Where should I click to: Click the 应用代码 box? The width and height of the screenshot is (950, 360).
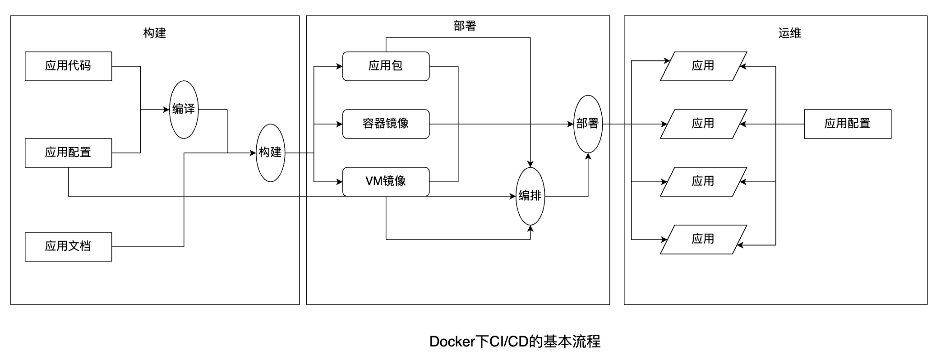pyautogui.click(x=68, y=66)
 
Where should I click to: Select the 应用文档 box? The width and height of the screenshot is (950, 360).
pyautogui.click(x=68, y=246)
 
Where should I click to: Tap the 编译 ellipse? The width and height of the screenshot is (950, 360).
pyautogui.click(x=184, y=109)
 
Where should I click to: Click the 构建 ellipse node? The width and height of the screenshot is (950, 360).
pyautogui.click(x=270, y=152)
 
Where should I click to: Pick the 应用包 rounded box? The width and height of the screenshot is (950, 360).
pyautogui.click(x=386, y=66)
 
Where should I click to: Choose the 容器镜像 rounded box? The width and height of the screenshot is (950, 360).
pyautogui.click(x=386, y=124)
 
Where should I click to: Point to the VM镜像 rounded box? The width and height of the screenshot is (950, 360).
pyautogui.click(x=386, y=181)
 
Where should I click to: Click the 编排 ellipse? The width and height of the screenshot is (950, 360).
pyautogui.click(x=530, y=196)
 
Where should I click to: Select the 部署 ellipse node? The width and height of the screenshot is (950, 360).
pyautogui.click(x=588, y=124)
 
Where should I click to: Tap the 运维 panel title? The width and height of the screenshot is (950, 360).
pyautogui.click(x=789, y=33)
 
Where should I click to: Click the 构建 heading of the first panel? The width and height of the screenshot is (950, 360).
pyautogui.click(x=155, y=33)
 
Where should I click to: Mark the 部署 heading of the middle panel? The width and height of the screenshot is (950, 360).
pyautogui.click(x=465, y=26)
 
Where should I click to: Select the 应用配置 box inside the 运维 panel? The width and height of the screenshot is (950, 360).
pyautogui.click(x=848, y=124)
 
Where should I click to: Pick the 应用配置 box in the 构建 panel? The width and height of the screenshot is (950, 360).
pyautogui.click(x=68, y=152)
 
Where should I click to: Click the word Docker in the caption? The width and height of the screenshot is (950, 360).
pyautogui.click(x=452, y=342)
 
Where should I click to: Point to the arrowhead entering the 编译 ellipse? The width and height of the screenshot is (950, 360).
pyautogui.click(x=166, y=109)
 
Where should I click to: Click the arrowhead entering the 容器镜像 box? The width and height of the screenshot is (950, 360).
pyautogui.click(x=339, y=124)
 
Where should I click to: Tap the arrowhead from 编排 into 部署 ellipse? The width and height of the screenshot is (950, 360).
pyautogui.click(x=588, y=156)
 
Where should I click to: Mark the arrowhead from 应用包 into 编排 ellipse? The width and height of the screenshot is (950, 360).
pyautogui.click(x=530, y=164)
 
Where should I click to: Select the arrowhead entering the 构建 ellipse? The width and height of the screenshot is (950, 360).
pyautogui.click(x=253, y=153)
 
